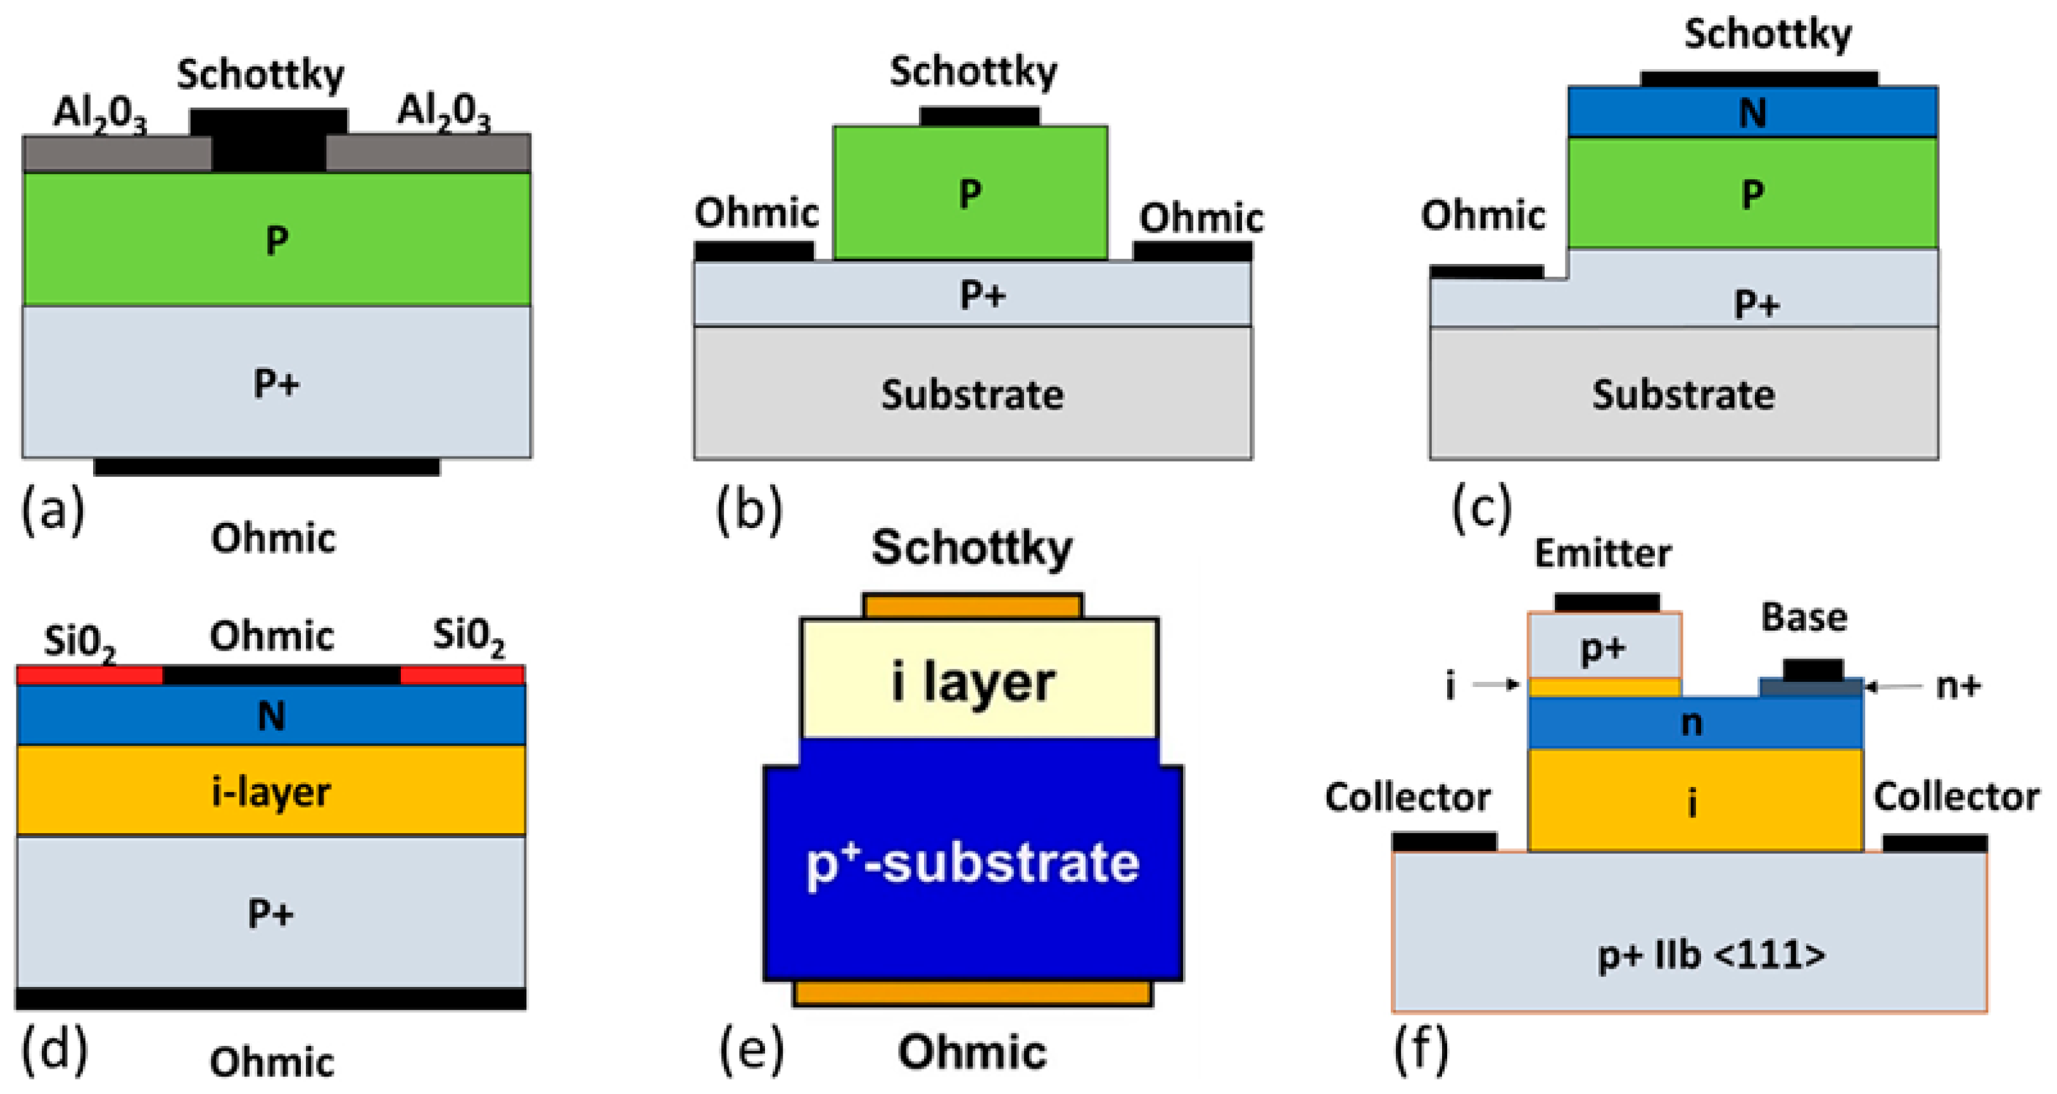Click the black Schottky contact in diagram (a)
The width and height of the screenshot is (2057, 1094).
tap(269, 140)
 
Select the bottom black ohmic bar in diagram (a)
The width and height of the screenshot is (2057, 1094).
tap(267, 467)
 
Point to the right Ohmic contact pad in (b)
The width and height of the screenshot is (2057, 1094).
tap(1192, 251)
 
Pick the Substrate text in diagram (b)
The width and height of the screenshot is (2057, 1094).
tap(972, 394)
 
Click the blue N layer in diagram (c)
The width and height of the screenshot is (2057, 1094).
tap(1752, 113)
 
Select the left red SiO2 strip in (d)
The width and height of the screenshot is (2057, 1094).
tap(89, 676)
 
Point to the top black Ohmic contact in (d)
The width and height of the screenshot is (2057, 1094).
tap(281, 676)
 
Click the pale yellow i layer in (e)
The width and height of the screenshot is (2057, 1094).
tap(978, 679)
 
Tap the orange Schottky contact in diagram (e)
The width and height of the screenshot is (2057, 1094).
tap(972, 606)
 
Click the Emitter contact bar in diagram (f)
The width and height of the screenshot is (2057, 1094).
tap(1607, 602)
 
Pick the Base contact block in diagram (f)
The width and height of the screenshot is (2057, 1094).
tap(1813, 671)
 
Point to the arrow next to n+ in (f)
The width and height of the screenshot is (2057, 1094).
tap(1892, 686)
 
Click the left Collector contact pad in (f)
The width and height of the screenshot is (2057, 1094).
tap(1444, 841)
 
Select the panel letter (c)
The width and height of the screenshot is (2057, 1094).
tap(1481, 508)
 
